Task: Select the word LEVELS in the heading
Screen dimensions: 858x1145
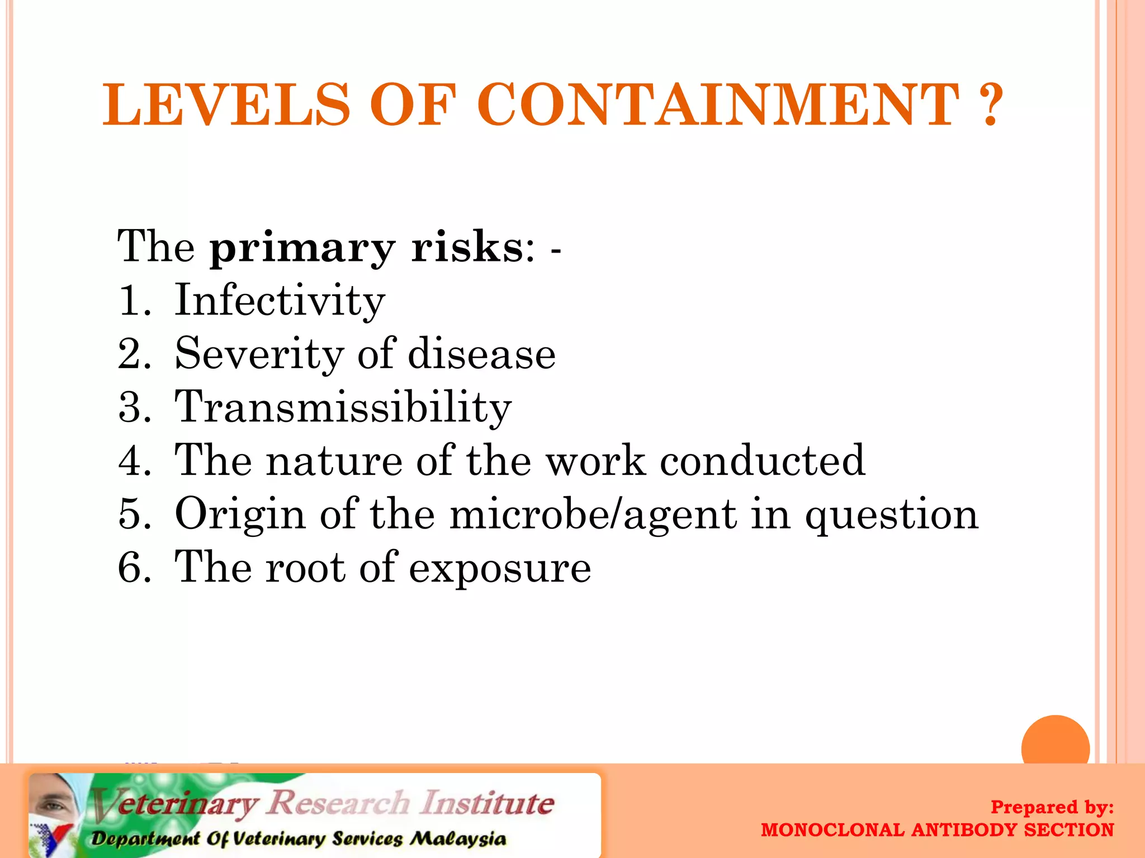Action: [226, 104]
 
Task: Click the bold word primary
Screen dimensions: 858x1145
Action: [302, 249]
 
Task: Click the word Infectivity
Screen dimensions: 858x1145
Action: [280, 301]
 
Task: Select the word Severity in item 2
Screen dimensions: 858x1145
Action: [259, 355]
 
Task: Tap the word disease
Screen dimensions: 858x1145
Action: [481, 354]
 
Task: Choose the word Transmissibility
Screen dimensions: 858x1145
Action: [343, 408]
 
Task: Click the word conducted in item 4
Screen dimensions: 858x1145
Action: [762, 461]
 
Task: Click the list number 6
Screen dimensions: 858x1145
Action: [133, 568]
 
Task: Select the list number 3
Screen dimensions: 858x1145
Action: [133, 408]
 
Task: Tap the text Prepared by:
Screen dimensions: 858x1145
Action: [1052, 807]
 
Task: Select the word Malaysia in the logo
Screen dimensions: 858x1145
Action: [458, 839]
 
